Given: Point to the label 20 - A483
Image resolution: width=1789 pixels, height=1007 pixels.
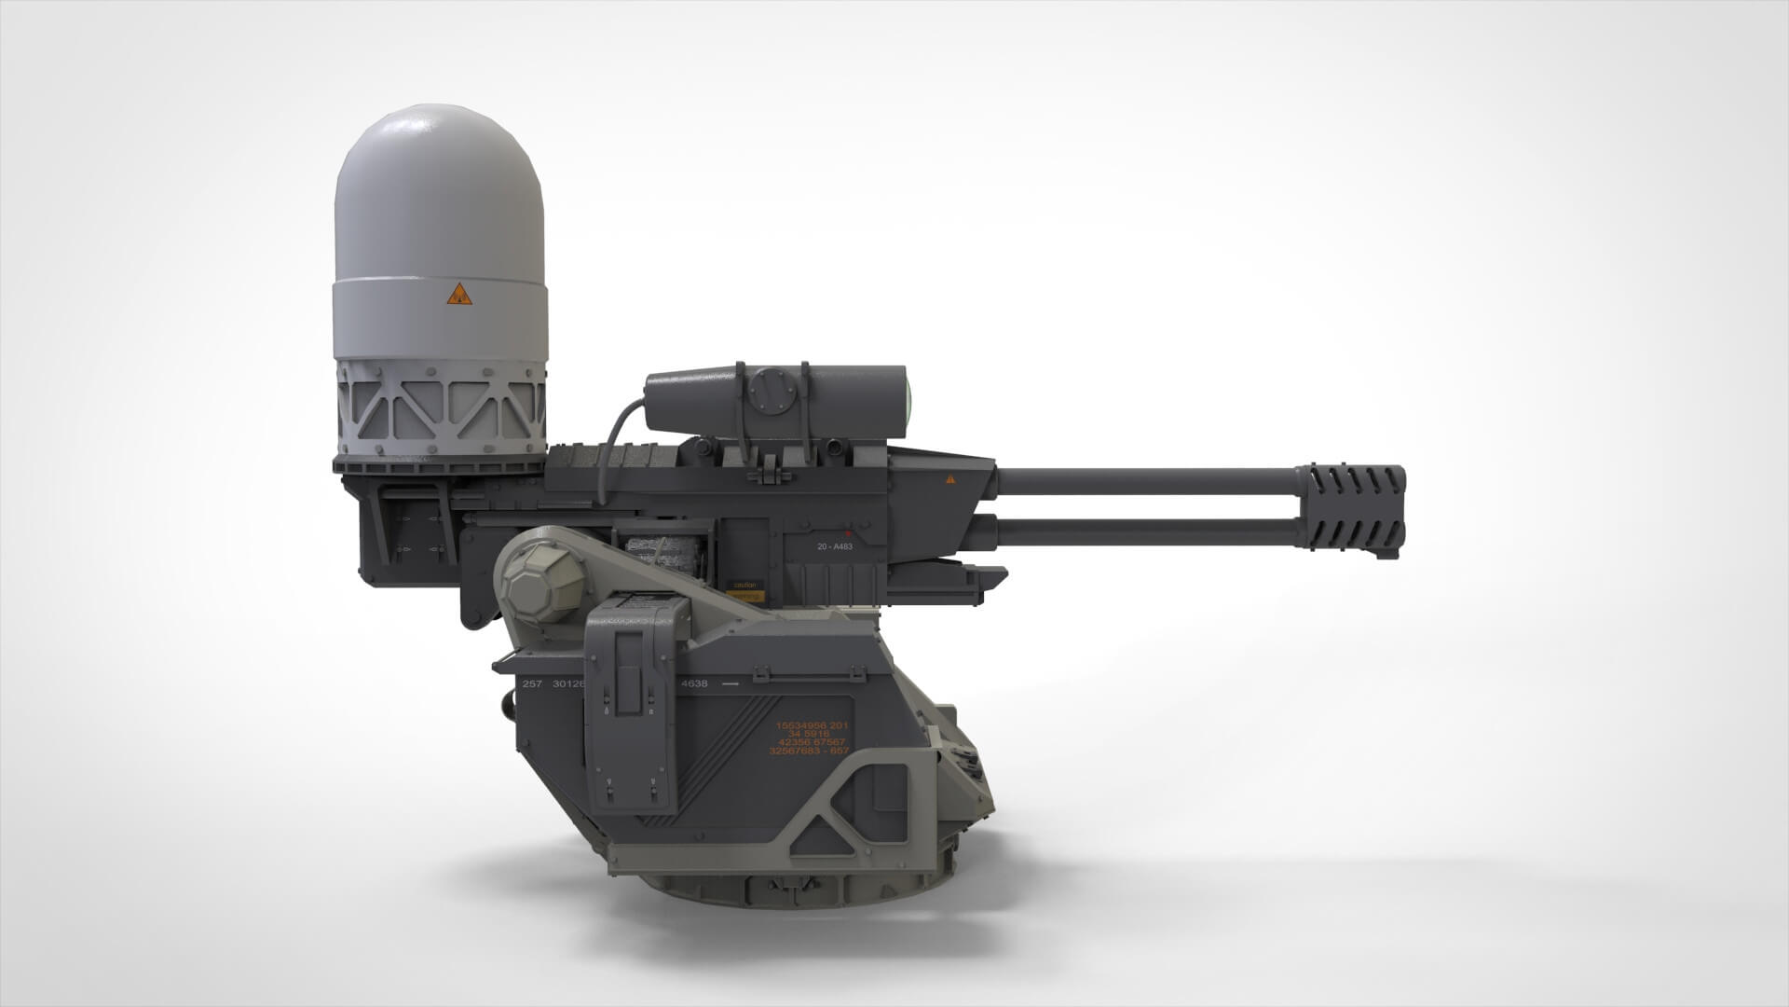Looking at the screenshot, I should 834,546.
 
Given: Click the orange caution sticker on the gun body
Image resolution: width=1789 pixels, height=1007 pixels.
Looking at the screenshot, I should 745,588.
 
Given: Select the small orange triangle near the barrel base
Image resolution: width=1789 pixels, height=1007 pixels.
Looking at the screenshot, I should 950,479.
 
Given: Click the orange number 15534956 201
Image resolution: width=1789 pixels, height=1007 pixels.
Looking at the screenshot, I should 812,724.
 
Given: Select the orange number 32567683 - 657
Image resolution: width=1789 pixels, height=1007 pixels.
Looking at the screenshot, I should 809,751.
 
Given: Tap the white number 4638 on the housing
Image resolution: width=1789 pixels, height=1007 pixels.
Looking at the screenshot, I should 694,683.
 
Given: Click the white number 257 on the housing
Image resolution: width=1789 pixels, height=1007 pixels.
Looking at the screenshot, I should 532,683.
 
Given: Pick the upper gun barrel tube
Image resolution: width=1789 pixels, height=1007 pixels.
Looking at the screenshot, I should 1146,481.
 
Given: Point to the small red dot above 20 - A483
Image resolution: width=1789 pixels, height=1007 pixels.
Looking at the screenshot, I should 847,535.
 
